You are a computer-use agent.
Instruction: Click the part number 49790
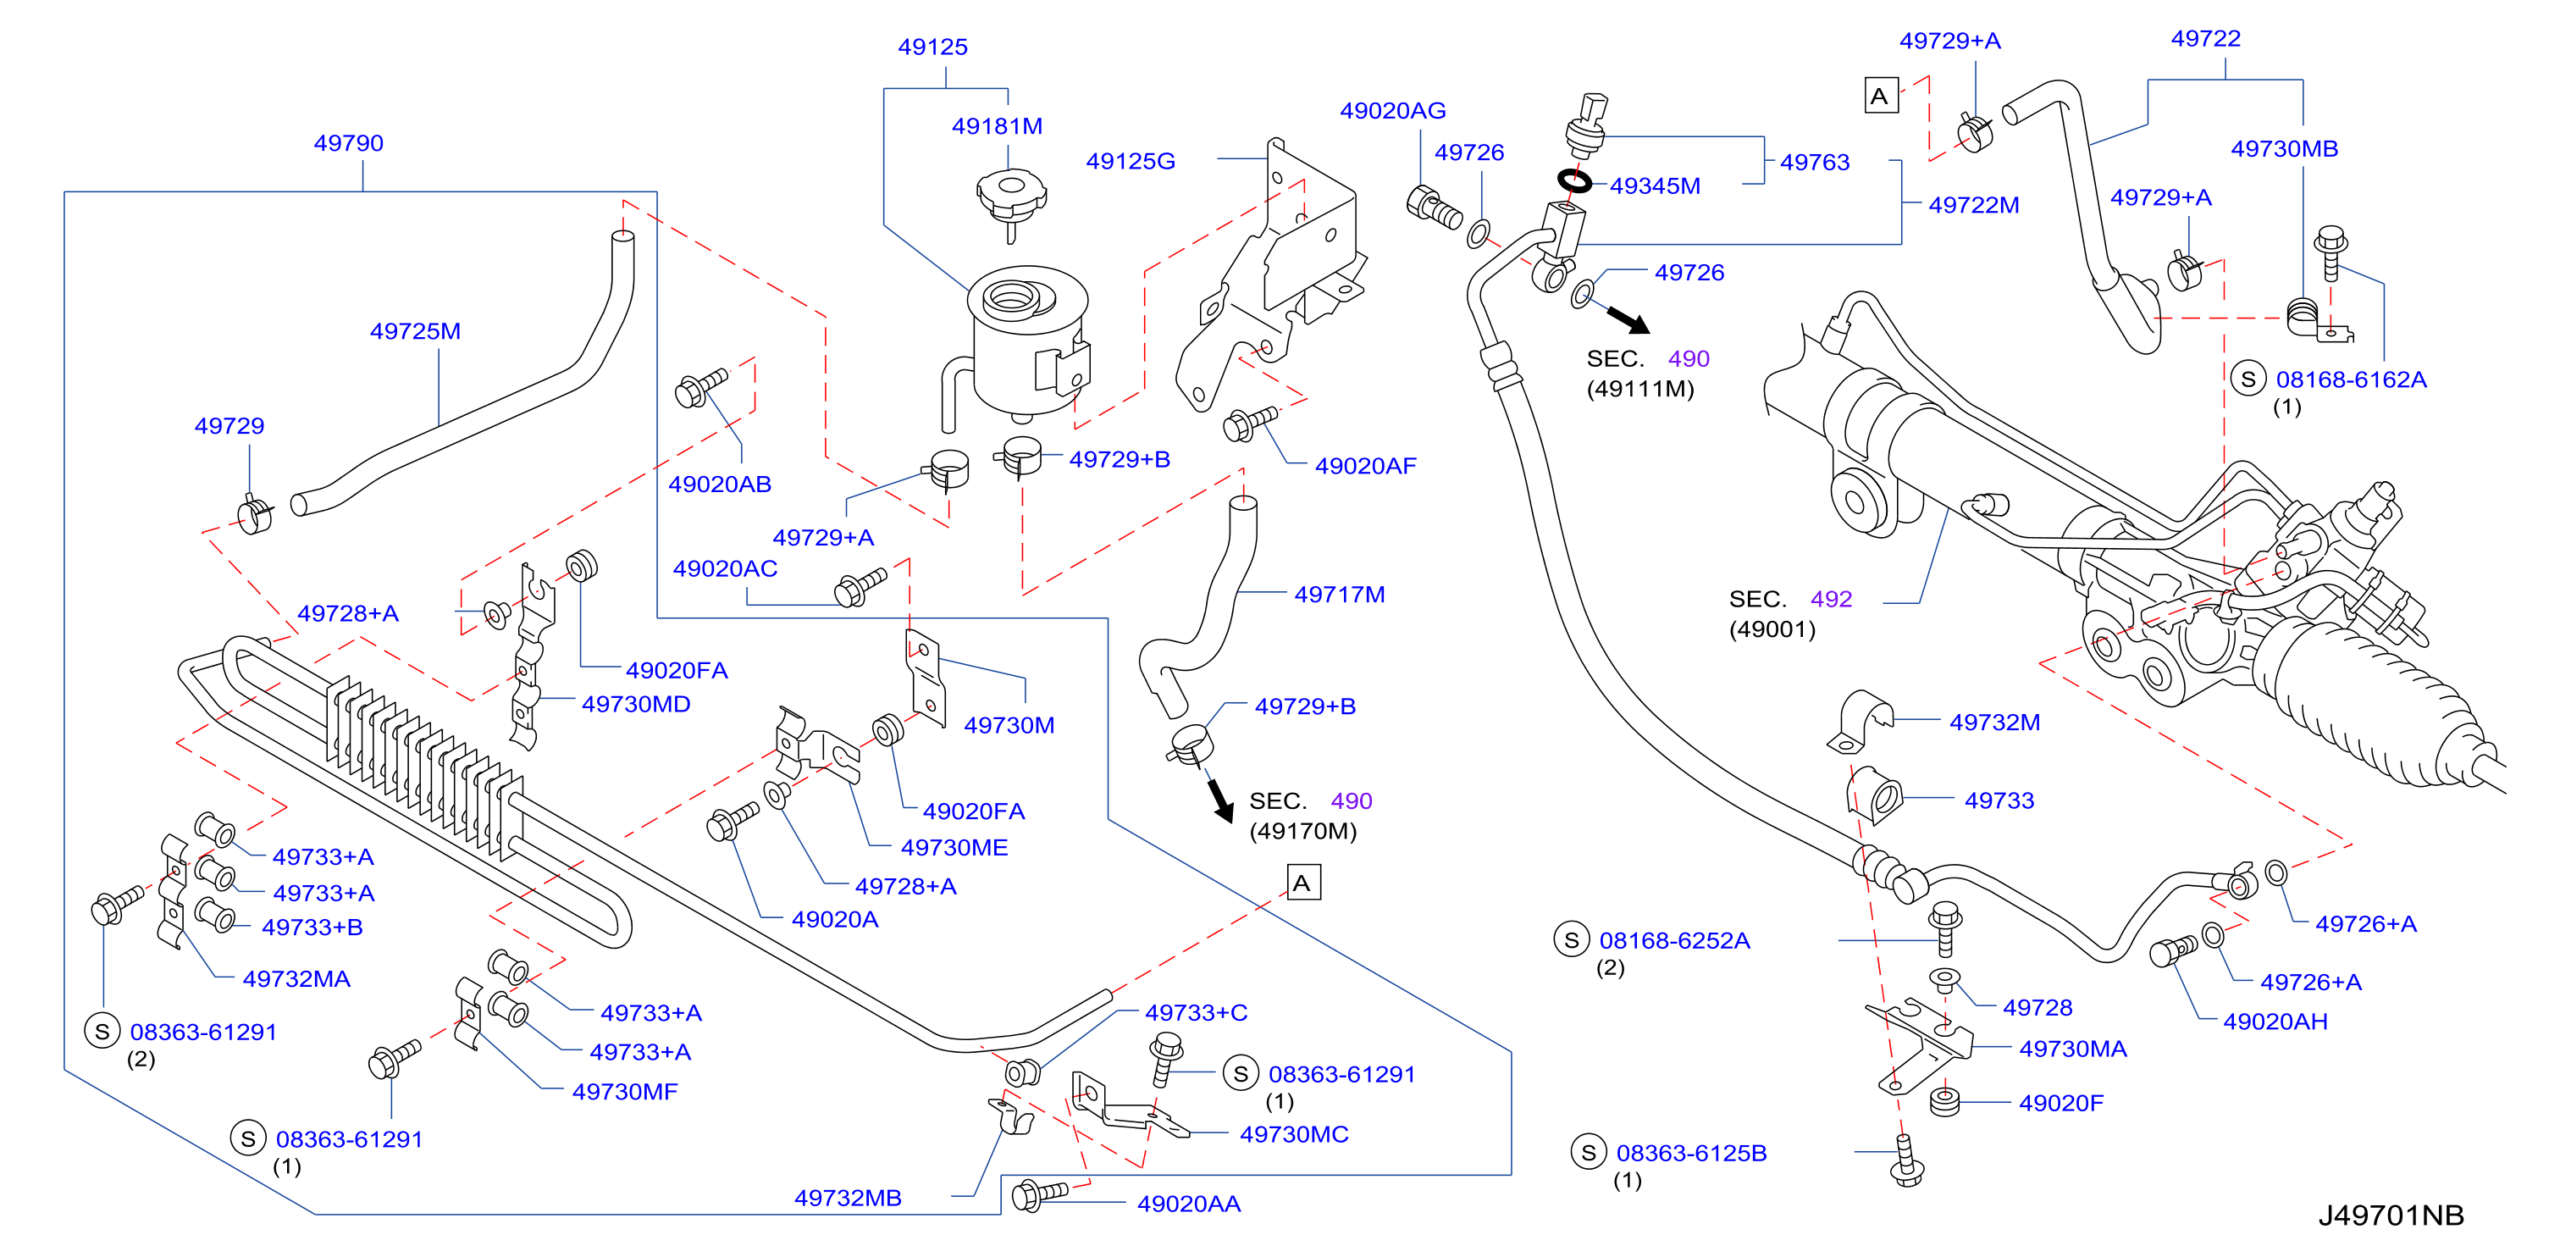click(348, 143)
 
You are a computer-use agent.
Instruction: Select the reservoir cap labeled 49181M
click(1011, 200)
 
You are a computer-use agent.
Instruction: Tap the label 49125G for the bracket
click(1131, 161)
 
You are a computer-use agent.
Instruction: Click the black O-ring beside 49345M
click(1575, 180)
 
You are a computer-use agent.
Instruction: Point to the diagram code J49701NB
click(2391, 1215)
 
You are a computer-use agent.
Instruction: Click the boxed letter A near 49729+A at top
click(1880, 96)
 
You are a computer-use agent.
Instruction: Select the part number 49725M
click(415, 330)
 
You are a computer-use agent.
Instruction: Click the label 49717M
click(1340, 594)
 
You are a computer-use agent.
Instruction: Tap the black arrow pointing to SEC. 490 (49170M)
click(1219, 800)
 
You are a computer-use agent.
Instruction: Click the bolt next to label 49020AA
click(1039, 1194)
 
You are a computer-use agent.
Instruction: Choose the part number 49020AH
click(2275, 1022)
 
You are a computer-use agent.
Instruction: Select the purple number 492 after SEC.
click(1831, 599)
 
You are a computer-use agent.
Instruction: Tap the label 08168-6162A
click(2351, 379)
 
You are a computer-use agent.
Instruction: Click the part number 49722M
click(1973, 205)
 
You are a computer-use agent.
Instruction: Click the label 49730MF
click(625, 1091)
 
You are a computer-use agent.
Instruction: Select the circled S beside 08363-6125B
click(1588, 1152)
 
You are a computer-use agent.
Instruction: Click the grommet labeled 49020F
click(1944, 1101)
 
